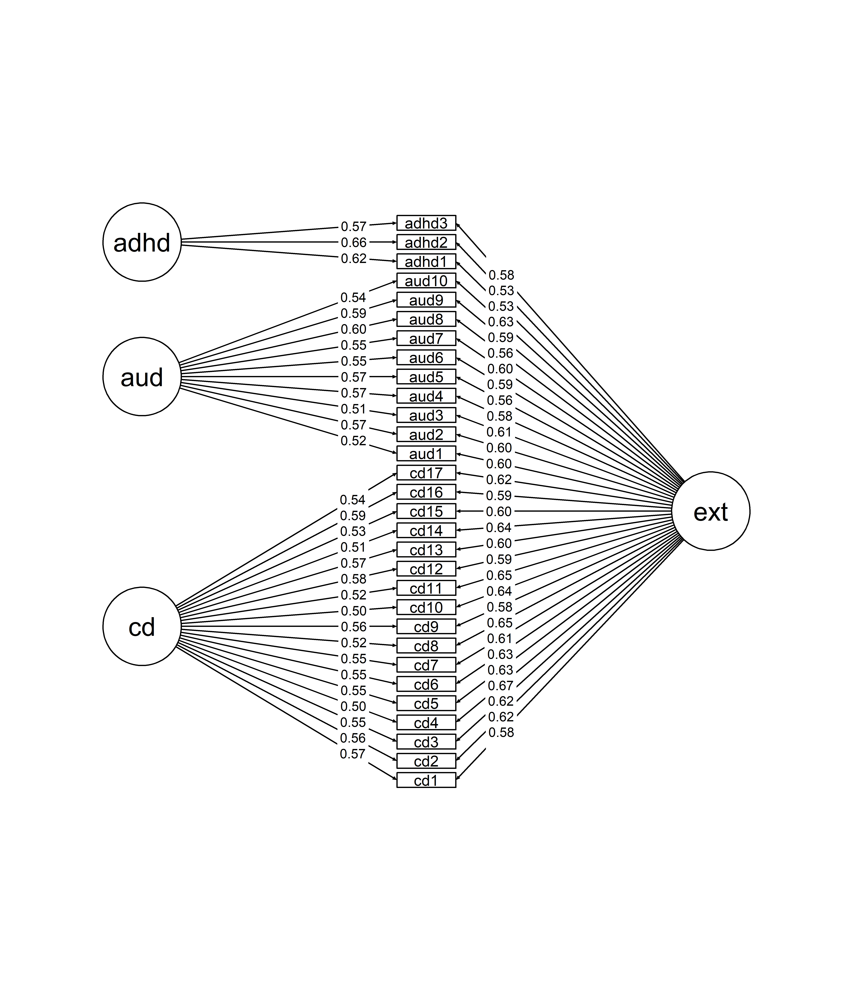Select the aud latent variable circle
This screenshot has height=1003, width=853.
(x=142, y=377)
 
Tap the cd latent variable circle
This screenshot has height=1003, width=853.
(x=142, y=626)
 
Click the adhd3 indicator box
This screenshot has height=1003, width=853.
(x=426, y=223)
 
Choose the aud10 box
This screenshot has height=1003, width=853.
(x=426, y=281)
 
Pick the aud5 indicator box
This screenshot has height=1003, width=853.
(x=426, y=377)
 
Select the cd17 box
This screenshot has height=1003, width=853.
(x=426, y=473)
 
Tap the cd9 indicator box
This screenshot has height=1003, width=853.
(x=426, y=626)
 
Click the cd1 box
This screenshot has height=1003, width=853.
(x=426, y=780)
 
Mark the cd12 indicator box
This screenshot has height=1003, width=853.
(x=426, y=569)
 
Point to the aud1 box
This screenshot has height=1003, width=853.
(x=426, y=454)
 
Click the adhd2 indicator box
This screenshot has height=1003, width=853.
(x=426, y=242)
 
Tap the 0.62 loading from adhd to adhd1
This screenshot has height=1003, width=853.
(x=353, y=259)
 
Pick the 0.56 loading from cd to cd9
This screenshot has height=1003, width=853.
(x=353, y=627)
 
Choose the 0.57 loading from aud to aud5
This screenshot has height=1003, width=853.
(x=353, y=377)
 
